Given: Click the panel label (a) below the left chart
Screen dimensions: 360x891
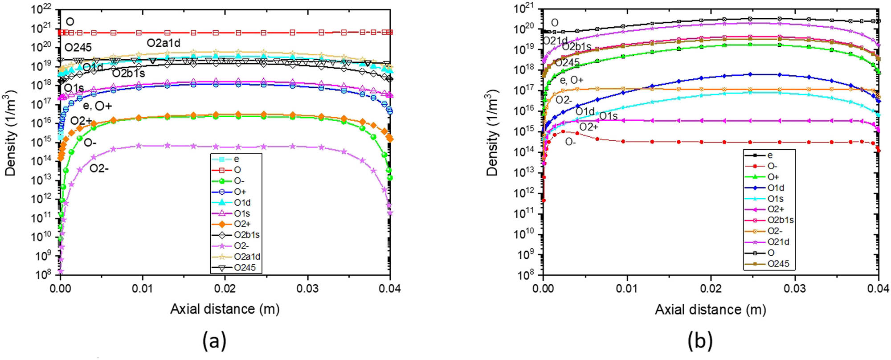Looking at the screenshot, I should point(214,341).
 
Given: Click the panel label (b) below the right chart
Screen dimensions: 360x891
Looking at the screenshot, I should point(700,341).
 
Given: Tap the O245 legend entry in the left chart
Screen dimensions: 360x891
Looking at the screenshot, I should point(245,268).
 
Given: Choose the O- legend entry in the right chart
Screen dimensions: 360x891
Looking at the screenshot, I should point(772,166).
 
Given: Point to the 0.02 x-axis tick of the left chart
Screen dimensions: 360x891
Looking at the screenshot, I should point(225,289).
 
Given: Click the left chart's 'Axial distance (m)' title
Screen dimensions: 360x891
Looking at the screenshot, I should point(225,309).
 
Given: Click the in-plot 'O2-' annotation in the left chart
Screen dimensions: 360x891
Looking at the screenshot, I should point(99,168).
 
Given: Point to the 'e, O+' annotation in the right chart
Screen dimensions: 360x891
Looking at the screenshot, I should point(571,80).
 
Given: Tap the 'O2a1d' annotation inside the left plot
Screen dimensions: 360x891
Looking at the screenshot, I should point(163,43).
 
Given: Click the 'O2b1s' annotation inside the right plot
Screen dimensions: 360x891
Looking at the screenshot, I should point(576,47).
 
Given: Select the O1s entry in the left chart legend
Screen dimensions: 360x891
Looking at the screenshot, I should point(242,213).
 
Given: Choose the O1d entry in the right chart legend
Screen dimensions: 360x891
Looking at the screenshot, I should point(776,188).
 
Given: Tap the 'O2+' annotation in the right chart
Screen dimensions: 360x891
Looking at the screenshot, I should point(589,127).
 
